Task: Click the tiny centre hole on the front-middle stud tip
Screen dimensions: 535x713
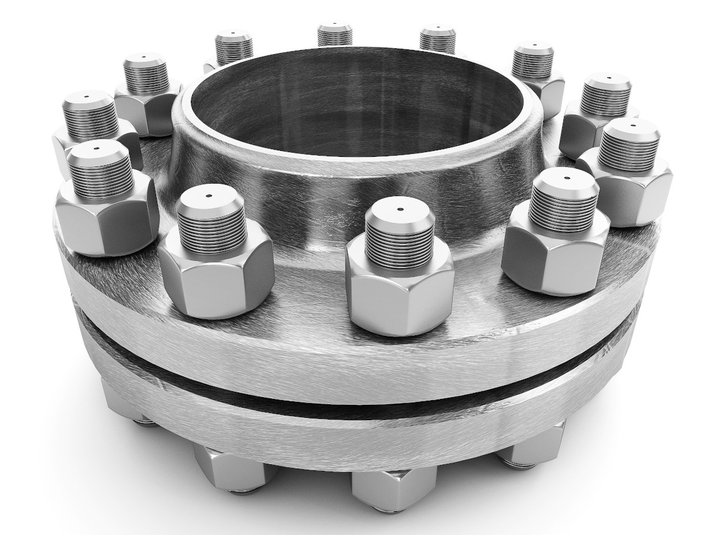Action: tap(399, 209)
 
